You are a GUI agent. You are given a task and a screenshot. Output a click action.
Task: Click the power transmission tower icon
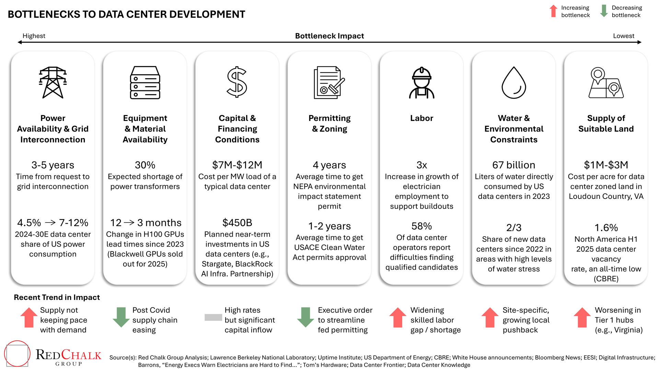tap(53, 82)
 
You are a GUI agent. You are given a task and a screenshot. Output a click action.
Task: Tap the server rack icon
tap(145, 82)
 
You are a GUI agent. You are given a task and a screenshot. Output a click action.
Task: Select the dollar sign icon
tap(237, 82)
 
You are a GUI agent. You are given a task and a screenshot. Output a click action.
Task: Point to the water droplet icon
tap(514, 83)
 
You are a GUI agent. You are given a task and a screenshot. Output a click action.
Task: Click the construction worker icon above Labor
tap(421, 83)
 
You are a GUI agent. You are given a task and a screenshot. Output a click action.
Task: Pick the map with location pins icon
tap(606, 83)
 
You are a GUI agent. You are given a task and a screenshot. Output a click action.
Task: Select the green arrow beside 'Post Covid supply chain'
tap(121, 317)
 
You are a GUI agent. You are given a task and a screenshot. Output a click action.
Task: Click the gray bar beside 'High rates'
tap(213, 317)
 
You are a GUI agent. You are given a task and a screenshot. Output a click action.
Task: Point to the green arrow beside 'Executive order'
tap(305, 317)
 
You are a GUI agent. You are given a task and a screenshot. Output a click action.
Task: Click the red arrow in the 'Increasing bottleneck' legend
tap(553, 11)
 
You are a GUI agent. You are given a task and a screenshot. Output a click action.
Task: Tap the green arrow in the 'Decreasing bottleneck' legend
tap(604, 11)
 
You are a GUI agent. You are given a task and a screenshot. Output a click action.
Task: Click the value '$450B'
tap(237, 223)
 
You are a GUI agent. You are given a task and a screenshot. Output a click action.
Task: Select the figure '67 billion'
tap(514, 165)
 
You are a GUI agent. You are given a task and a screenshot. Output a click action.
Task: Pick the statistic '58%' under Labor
tap(421, 226)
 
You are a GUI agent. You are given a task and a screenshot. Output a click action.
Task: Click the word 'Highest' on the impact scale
tap(34, 36)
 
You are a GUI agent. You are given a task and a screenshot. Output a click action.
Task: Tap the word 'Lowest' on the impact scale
tap(624, 36)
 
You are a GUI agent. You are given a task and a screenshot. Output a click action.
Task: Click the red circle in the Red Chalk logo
tap(17, 353)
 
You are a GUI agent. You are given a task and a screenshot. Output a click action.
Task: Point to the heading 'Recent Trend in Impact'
tap(57, 297)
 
